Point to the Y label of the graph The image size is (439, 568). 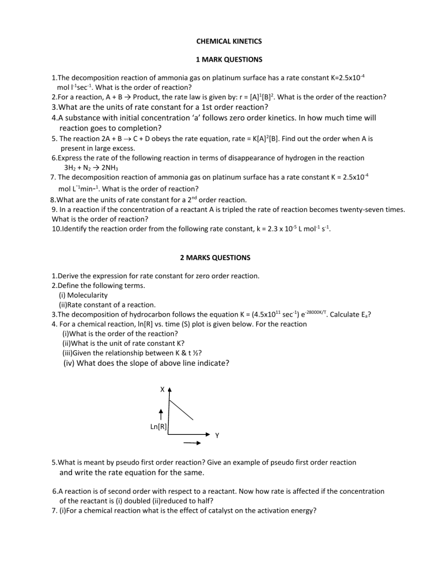point(217,436)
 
